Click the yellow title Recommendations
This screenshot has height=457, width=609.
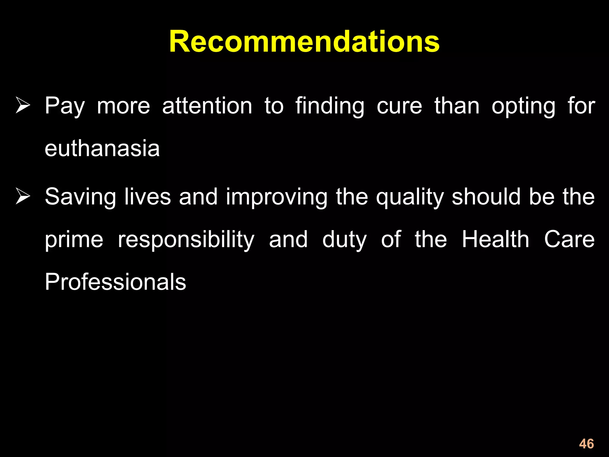click(304, 42)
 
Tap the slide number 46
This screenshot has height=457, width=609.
click(586, 444)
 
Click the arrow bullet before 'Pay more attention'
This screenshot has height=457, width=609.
click(23, 106)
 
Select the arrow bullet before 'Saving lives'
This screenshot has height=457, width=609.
click(23, 197)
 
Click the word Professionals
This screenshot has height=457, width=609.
click(115, 282)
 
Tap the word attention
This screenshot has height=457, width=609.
click(207, 106)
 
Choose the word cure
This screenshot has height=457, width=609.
click(399, 106)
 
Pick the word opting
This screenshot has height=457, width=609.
click(523, 107)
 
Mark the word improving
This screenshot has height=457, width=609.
click(277, 197)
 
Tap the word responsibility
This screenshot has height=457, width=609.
click(186, 240)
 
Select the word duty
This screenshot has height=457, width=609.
click(344, 240)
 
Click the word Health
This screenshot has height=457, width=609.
click(495, 239)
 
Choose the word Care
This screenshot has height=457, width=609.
click(569, 239)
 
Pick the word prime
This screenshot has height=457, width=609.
click(74, 240)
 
